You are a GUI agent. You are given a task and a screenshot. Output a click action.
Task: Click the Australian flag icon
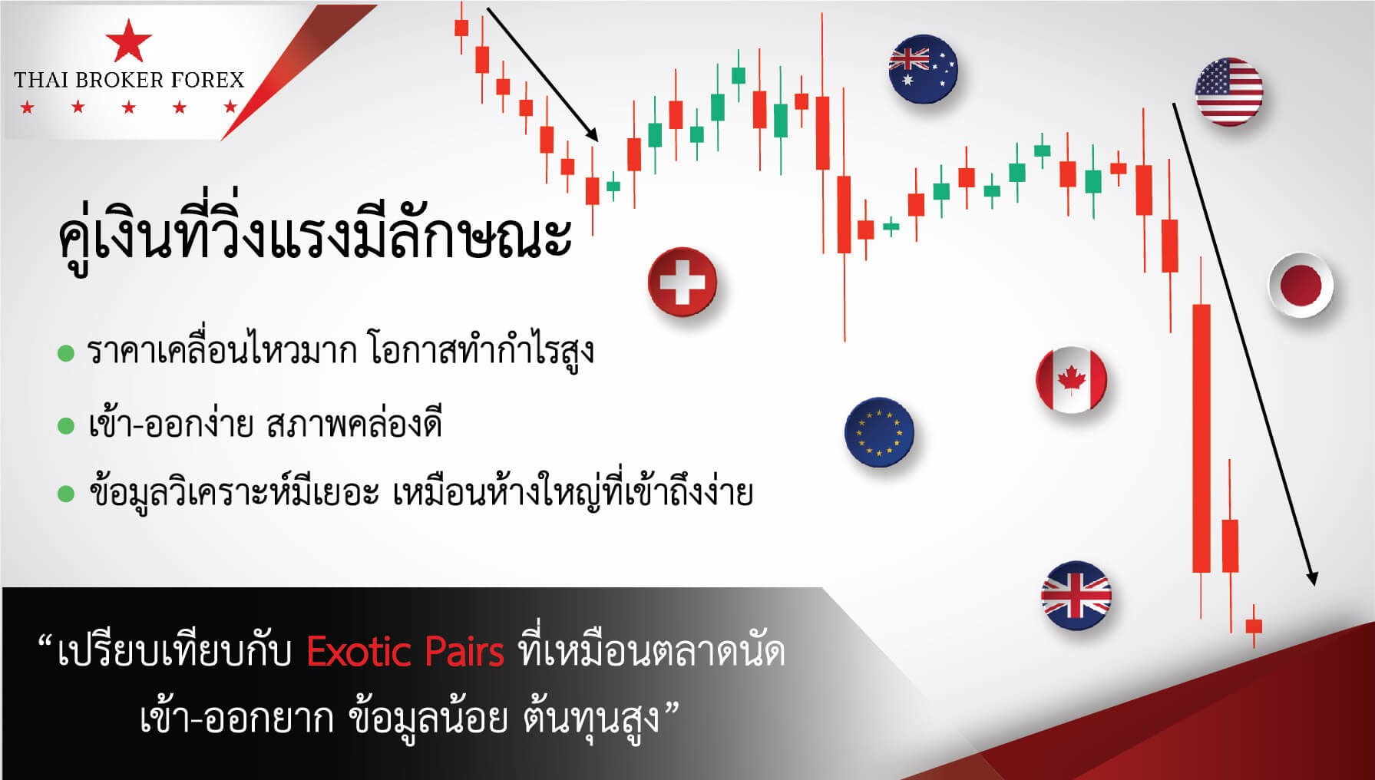[x=923, y=69]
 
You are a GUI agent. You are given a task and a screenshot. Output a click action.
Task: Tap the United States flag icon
[x=1228, y=91]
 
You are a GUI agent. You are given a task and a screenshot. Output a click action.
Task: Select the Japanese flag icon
[x=1301, y=285]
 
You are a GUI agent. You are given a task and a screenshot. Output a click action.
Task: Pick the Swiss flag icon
[x=682, y=282]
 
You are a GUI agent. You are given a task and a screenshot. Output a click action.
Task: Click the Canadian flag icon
[x=1071, y=380]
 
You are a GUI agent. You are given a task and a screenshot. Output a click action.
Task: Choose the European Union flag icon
[x=879, y=432]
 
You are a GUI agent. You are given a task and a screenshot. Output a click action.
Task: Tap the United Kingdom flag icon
[x=1076, y=596]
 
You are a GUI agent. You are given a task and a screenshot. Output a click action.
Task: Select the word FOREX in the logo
[x=207, y=80]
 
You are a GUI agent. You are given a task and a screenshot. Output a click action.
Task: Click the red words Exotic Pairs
[x=405, y=653]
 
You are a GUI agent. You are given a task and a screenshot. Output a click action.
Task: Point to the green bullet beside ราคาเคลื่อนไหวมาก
[x=66, y=354]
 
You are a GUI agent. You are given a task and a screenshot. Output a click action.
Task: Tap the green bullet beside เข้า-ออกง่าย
[x=66, y=425]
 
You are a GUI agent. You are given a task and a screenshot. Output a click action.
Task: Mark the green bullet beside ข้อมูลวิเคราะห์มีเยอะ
[x=66, y=494]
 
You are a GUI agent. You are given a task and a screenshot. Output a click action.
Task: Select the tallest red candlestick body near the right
[x=1201, y=438]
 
